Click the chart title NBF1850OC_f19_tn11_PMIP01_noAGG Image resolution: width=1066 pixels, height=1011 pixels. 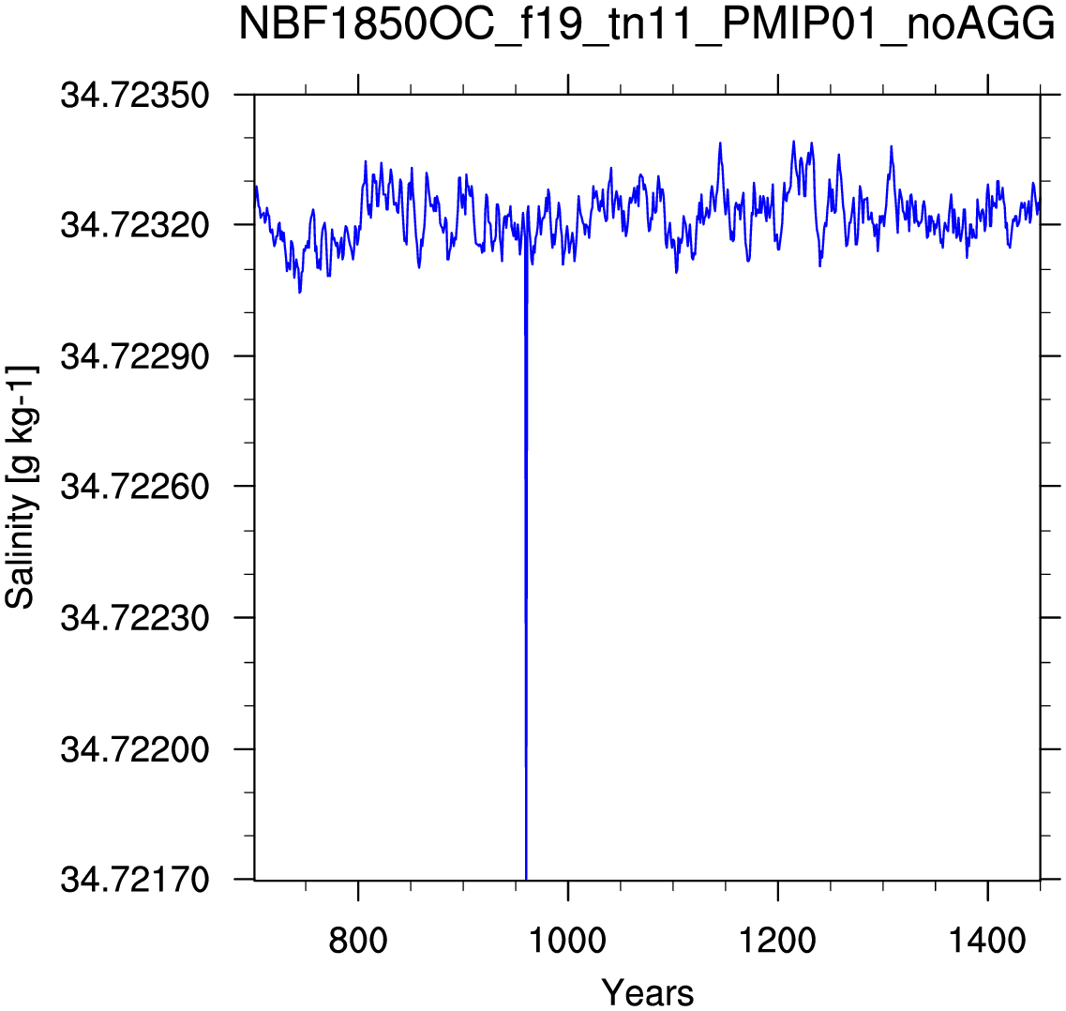click(x=647, y=26)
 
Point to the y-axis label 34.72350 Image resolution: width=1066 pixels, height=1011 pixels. click(x=135, y=95)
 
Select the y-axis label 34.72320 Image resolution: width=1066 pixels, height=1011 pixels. click(x=135, y=224)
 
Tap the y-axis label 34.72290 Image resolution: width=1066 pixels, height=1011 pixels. click(x=135, y=355)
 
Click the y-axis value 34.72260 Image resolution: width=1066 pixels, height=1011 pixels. click(x=135, y=487)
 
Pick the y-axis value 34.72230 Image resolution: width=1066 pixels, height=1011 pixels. click(x=135, y=618)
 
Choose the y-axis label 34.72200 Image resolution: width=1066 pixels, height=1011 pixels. click(x=135, y=749)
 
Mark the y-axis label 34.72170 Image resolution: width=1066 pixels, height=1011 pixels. click(x=135, y=880)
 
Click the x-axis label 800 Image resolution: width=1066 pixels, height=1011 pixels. click(x=357, y=941)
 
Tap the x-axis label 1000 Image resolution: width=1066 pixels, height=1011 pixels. click(x=567, y=941)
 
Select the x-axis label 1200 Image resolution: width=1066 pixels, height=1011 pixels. click(x=777, y=941)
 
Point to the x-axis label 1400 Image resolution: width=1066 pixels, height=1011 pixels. click(x=986, y=941)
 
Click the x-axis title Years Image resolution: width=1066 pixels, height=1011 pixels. click(x=647, y=992)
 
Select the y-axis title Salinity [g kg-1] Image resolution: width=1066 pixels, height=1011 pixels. click(x=21, y=487)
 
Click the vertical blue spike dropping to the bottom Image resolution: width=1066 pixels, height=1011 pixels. click(x=526, y=565)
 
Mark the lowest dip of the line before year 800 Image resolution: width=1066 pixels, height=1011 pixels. click(x=300, y=292)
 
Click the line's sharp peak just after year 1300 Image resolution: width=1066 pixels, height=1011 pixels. click(x=892, y=147)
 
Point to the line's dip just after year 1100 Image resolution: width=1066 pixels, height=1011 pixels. click(x=677, y=271)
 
